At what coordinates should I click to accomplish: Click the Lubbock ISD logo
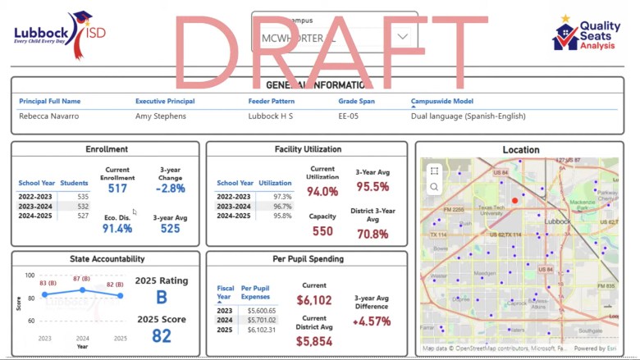(60, 34)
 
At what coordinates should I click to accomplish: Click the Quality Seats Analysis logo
(586, 35)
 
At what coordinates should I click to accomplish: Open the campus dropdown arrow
(403, 37)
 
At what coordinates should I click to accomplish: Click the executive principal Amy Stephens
(161, 116)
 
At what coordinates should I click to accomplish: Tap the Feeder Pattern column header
(271, 101)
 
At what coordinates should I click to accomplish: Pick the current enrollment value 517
(117, 189)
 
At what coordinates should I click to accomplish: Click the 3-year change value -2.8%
(171, 189)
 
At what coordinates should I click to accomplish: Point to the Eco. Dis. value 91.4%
(117, 229)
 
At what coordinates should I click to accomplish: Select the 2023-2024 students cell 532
(83, 207)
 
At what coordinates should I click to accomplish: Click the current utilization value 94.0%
(322, 192)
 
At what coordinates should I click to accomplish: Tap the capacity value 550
(322, 231)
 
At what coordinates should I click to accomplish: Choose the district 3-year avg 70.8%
(373, 234)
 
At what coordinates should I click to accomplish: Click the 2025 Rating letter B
(162, 298)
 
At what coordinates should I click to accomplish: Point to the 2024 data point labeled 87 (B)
(82, 289)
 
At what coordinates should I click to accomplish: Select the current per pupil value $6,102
(314, 300)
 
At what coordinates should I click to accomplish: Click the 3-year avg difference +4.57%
(373, 321)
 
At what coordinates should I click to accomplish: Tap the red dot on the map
(515, 200)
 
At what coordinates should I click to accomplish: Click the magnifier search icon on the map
(434, 187)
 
